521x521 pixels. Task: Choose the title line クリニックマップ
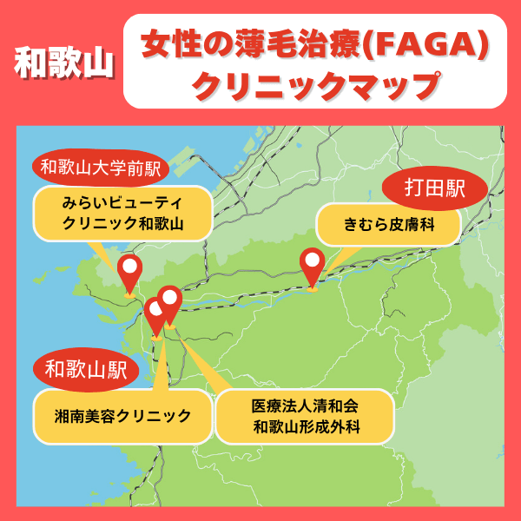314,86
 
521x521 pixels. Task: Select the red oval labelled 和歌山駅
86,370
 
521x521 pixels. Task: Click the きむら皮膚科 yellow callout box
388,226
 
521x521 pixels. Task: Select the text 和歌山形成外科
305,426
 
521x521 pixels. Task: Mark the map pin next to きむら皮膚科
312,266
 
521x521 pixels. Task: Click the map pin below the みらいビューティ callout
130,272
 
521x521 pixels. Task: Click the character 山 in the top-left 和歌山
96,66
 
